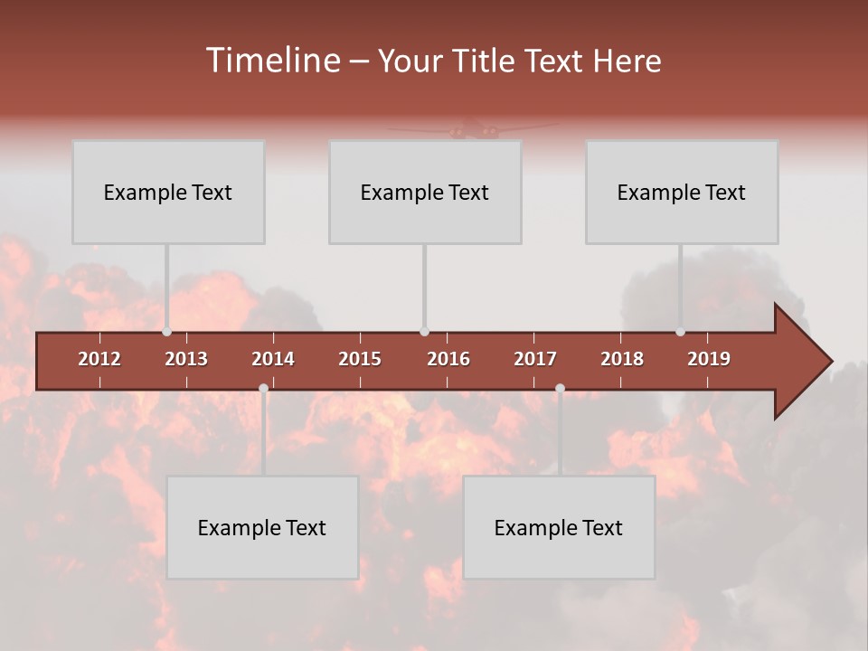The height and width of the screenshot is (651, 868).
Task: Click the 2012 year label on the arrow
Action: (x=99, y=359)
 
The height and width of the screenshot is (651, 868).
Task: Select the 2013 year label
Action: (x=186, y=359)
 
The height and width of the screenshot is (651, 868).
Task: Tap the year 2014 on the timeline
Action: (x=273, y=359)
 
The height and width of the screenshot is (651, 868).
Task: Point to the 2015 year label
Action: (x=360, y=359)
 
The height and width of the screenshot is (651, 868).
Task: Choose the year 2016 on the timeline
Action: (x=448, y=359)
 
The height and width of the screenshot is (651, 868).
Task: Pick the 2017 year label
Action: (x=535, y=359)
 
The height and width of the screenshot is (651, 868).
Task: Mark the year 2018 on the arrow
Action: (x=622, y=359)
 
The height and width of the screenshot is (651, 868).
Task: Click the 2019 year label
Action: (x=709, y=359)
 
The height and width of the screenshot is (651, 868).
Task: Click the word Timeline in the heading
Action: (x=271, y=61)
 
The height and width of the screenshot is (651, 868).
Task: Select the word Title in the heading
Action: (x=483, y=61)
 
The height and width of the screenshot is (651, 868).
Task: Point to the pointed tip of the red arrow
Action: (x=830, y=362)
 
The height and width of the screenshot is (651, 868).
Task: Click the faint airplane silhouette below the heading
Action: (x=471, y=130)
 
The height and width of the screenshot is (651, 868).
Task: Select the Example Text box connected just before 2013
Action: (x=168, y=192)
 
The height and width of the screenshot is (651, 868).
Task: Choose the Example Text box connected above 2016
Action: (x=425, y=192)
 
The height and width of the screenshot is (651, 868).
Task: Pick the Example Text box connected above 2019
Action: (x=682, y=192)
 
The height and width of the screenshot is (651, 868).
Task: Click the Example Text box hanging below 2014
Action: (x=262, y=527)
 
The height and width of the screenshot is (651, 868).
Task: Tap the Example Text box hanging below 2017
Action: (x=559, y=527)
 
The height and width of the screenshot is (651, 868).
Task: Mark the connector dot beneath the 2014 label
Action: (x=263, y=389)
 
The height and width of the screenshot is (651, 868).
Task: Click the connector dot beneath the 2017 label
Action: (x=560, y=389)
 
